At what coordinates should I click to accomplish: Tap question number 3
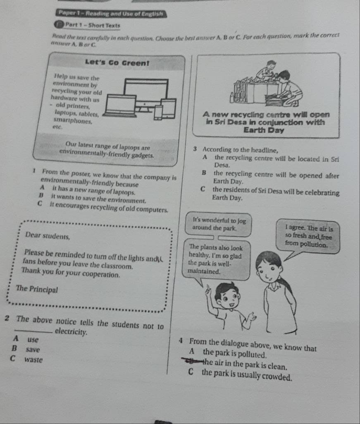coord(194,150)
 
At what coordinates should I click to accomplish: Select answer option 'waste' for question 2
coord(33,359)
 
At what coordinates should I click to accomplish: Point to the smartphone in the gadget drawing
coord(159,112)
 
